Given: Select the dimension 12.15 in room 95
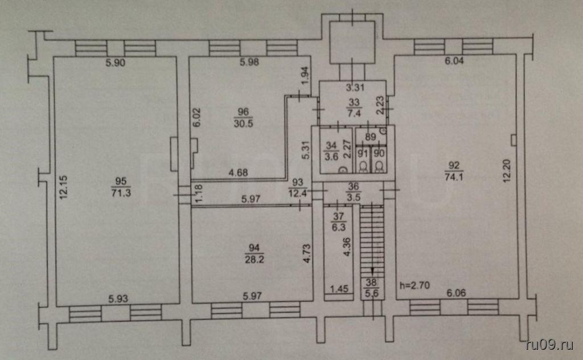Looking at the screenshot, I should click(64, 186).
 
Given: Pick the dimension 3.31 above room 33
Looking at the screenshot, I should click(355, 87).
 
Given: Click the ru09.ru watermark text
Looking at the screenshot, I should click(550, 345).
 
